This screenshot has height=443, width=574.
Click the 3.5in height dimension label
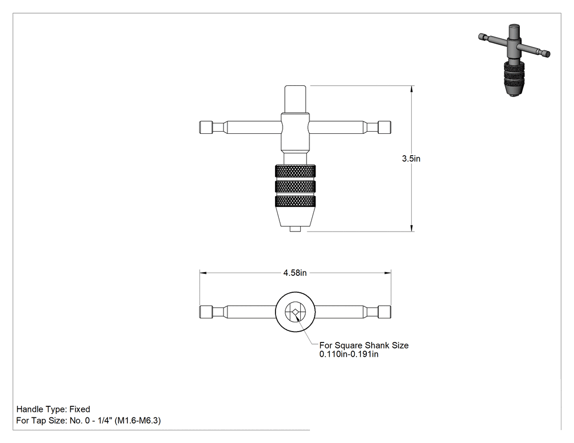(411, 158)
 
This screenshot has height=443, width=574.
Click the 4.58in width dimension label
(295, 273)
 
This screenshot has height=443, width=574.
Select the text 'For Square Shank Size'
(364, 345)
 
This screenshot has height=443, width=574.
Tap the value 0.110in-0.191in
(349, 354)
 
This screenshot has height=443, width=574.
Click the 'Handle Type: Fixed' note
(53, 409)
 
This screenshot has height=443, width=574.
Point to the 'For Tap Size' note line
(89, 421)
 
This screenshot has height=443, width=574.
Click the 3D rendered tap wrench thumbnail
(514, 60)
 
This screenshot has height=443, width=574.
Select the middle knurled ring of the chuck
(295, 187)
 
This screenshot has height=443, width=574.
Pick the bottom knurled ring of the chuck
(295, 202)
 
